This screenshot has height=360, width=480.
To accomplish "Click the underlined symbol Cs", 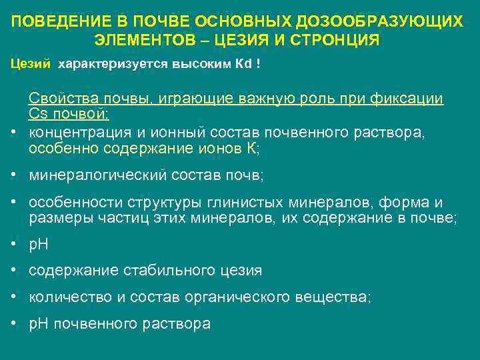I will tap(37, 114).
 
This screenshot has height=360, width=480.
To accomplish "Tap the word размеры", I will tap(56, 219).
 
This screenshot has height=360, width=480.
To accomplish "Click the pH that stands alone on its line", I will tap(39, 245).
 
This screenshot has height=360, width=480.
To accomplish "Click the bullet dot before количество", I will tap(13, 297).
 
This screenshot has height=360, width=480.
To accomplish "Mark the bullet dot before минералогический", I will tap(13, 176).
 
